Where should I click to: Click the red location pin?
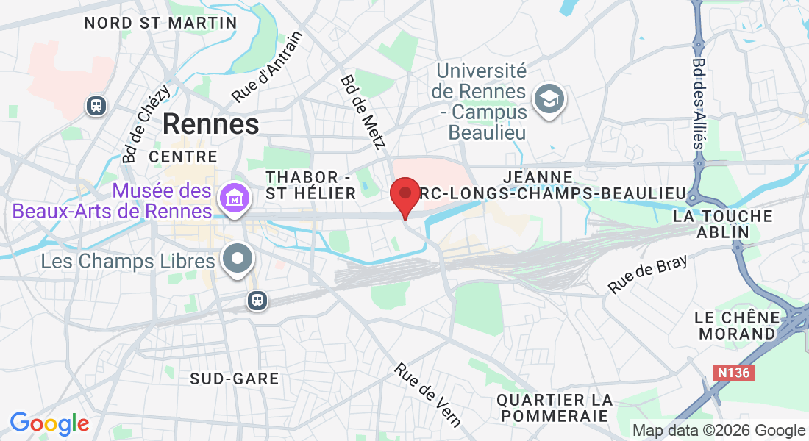coord(404,195)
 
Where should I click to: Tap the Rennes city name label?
coord(210,123)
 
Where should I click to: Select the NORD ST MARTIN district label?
coord(160,23)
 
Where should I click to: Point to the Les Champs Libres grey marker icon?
coord(237,260)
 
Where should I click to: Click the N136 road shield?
coord(733,373)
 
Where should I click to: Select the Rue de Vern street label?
coord(428,395)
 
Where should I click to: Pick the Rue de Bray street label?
coord(648,275)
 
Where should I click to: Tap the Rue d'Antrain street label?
coord(267,68)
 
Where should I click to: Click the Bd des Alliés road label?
coord(699,103)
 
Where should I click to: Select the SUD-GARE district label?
coord(235,379)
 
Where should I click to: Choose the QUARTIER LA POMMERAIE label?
coord(555,408)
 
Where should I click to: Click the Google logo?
coord(49,423)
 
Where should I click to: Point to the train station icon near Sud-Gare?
coord(257,300)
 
